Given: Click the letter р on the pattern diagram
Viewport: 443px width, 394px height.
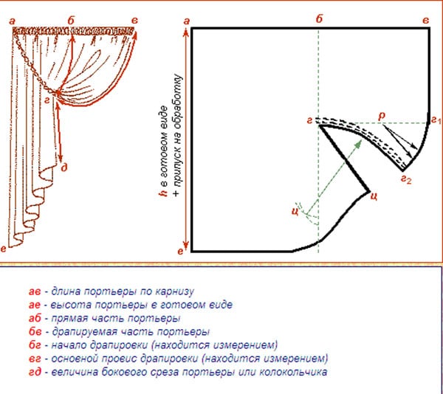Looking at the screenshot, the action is pyautogui.click(x=382, y=116).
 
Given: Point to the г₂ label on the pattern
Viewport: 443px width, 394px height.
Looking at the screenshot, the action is pyautogui.click(x=407, y=179).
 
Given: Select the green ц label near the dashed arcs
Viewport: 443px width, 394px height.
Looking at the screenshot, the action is pyautogui.click(x=295, y=211).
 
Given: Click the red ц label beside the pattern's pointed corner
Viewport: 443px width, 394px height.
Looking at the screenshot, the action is pyautogui.click(x=374, y=196).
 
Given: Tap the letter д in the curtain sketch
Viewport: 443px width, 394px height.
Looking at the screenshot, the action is pyautogui.click(x=64, y=167).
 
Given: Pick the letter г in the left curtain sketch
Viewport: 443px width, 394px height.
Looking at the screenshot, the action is pyautogui.click(x=47, y=100).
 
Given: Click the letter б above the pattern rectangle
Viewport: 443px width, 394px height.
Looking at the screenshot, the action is pyautogui.click(x=319, y=19).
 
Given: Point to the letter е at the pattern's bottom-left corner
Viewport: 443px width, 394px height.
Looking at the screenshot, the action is pyautogui.click(x=181, y=251).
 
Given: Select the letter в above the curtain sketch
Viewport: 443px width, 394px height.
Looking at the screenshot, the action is pyautogui.click(x=135, y=21).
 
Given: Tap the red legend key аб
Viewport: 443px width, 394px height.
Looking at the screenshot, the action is pyautogui.click(x=35, y=318).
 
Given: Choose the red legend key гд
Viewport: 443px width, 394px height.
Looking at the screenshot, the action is pyautogui.click(x=35, y=373).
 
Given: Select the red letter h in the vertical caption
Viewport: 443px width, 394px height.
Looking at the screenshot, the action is pyautogui.click(x=164, y=193).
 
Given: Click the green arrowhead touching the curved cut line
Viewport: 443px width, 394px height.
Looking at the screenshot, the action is pyautogui.click(x=358, y=143).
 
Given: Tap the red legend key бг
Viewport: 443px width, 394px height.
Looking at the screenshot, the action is pyautogui.click(x=35, y=345).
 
